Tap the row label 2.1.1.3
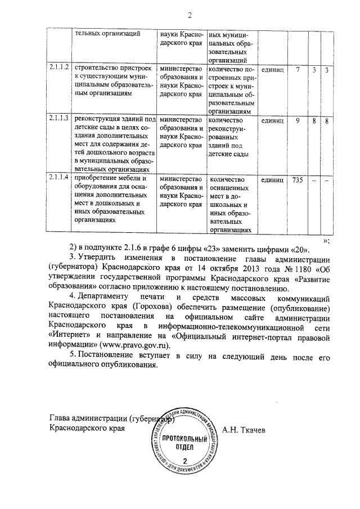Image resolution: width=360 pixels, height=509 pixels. pos(58,119)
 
